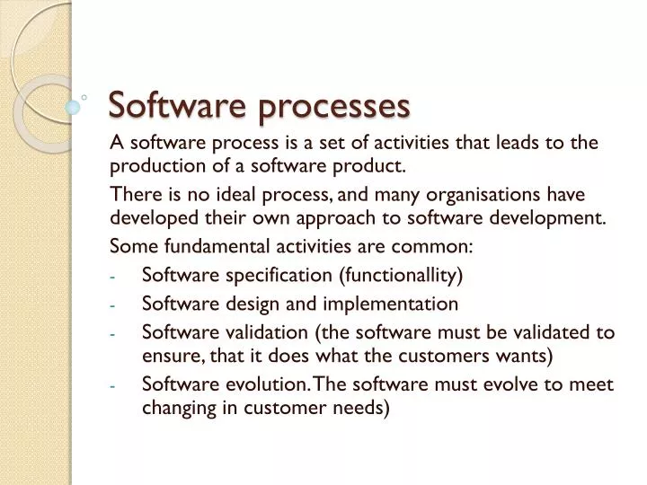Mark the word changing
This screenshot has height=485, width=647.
[176, 408]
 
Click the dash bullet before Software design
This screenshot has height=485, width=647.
[114, 304]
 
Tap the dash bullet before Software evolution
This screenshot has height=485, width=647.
[114, 386]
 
